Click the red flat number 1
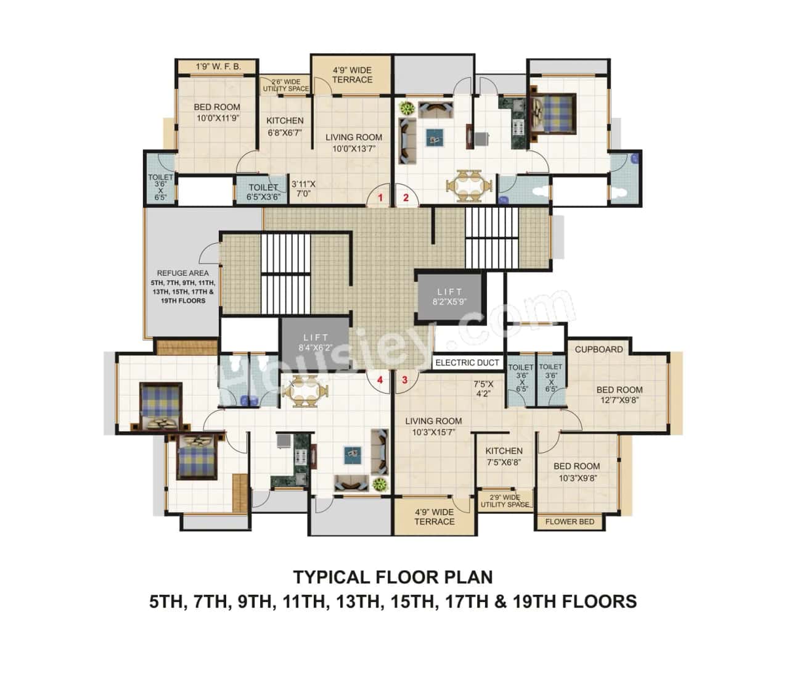click(x=381, y=198)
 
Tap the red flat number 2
click(x=406, y=198)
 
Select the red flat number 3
click(x=405, y=379)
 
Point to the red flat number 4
click(x=380, y=379)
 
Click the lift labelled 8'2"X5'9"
click(x=450, y=295)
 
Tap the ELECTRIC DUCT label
click(x=467, y=363)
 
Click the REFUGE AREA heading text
click(x=182, y=273)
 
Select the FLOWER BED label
click(x=570, y=521)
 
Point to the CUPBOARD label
click(x=599, y=349)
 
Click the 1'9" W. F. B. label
click(x=218, y=66)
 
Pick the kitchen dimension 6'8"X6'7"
click(x=285, y=132)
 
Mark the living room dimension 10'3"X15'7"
click(x=433, y=432)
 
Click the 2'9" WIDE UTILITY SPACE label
click(x=505, y=501)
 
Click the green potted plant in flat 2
click(x=407, y=109)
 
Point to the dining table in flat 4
click(x=305, y=392)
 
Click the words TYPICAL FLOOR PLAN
click(x=393, y=577)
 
